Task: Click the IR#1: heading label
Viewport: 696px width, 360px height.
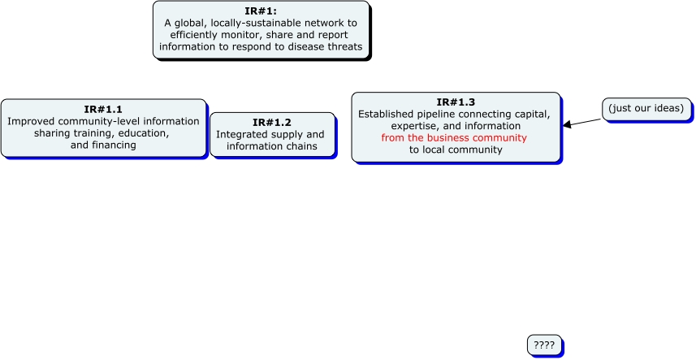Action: [261, 11]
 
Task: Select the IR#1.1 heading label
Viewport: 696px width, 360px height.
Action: [103, 109]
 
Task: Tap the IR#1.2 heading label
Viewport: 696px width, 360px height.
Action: [271, 122]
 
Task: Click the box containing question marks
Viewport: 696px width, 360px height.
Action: [544, 345]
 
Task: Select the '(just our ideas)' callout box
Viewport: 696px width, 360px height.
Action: [646, 108]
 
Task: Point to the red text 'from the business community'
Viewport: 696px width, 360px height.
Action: [455, 138]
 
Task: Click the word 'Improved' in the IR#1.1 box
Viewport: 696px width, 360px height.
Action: [32, 121]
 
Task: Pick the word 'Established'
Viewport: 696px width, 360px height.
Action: [387, 114]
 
